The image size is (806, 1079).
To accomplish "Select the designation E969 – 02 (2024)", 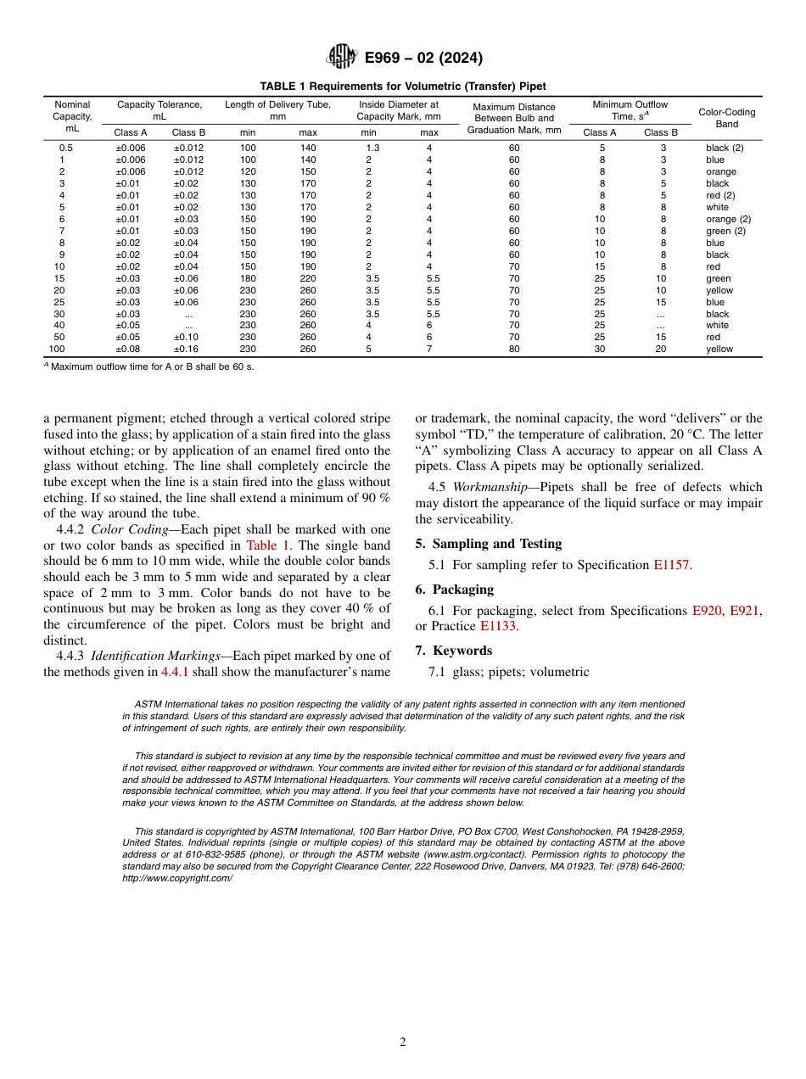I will point(423,59).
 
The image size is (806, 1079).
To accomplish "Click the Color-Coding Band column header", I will point(726,118).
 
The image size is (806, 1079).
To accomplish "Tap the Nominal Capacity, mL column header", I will point(71,116).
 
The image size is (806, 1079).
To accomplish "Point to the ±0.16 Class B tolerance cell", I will point(188,349).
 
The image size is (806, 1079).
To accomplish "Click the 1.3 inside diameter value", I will point(372,148).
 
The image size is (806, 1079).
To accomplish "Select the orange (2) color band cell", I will point(728,219).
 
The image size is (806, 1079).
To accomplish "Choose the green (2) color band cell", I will point(725,231).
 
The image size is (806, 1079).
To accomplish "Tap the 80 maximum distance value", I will point(513,349).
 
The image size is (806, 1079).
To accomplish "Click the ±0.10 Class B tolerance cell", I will point(188,338).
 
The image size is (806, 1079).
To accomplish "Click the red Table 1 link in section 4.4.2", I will point(267,545).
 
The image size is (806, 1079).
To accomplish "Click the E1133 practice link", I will point(498,627).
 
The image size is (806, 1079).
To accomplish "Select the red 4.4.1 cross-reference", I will point(177,672).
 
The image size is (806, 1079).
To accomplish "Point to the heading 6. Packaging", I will point(454,590).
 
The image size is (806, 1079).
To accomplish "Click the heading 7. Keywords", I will point(453,651).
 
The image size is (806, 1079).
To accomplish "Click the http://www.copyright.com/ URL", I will point(177,879).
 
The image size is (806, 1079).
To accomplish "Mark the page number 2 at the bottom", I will point(403,1043).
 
